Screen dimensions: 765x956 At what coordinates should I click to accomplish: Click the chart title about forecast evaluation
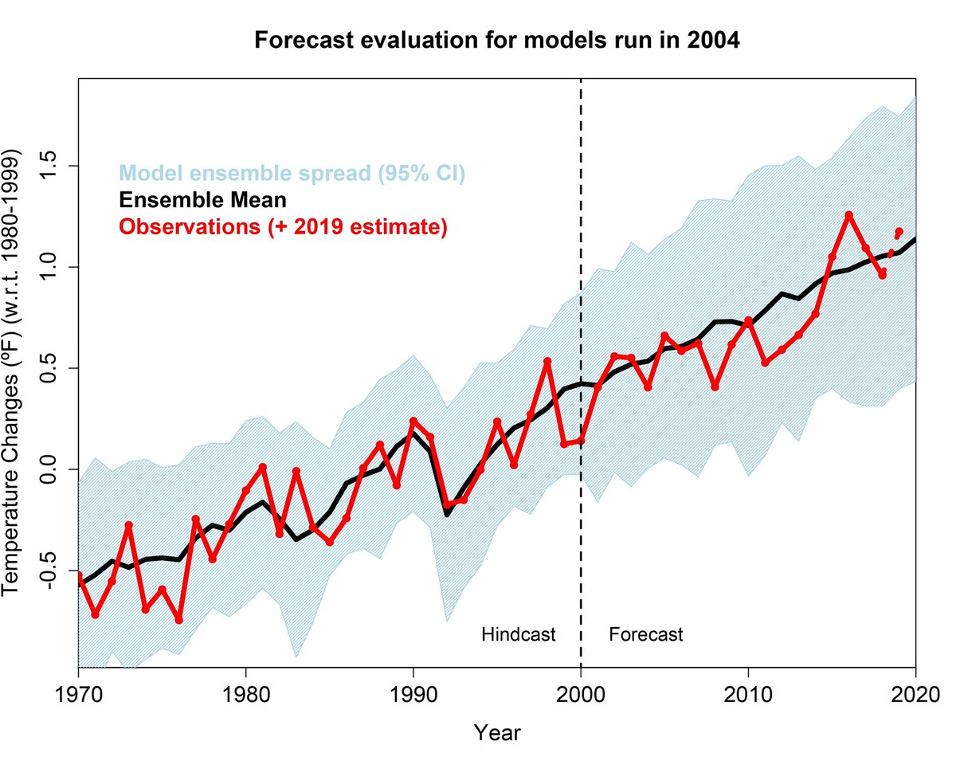pos(497,41)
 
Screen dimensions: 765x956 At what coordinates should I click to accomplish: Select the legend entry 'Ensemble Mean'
pos(203,199)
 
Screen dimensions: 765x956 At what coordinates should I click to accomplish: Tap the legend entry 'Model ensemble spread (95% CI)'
pos(292,173)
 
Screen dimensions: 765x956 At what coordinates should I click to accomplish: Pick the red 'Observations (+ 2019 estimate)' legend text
pos(284,226)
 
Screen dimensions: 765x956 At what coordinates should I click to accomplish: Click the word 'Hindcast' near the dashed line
pos(518,634)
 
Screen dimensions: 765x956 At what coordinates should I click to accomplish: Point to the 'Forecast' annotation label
pos(645,634)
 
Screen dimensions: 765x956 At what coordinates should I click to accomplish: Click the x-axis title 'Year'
pos(497,731)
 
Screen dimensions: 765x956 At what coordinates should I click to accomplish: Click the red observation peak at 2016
pos(848,215)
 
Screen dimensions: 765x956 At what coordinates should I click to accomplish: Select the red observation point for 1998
pos(547,361)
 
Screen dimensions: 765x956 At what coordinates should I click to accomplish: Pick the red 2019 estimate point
pos(899,232)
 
